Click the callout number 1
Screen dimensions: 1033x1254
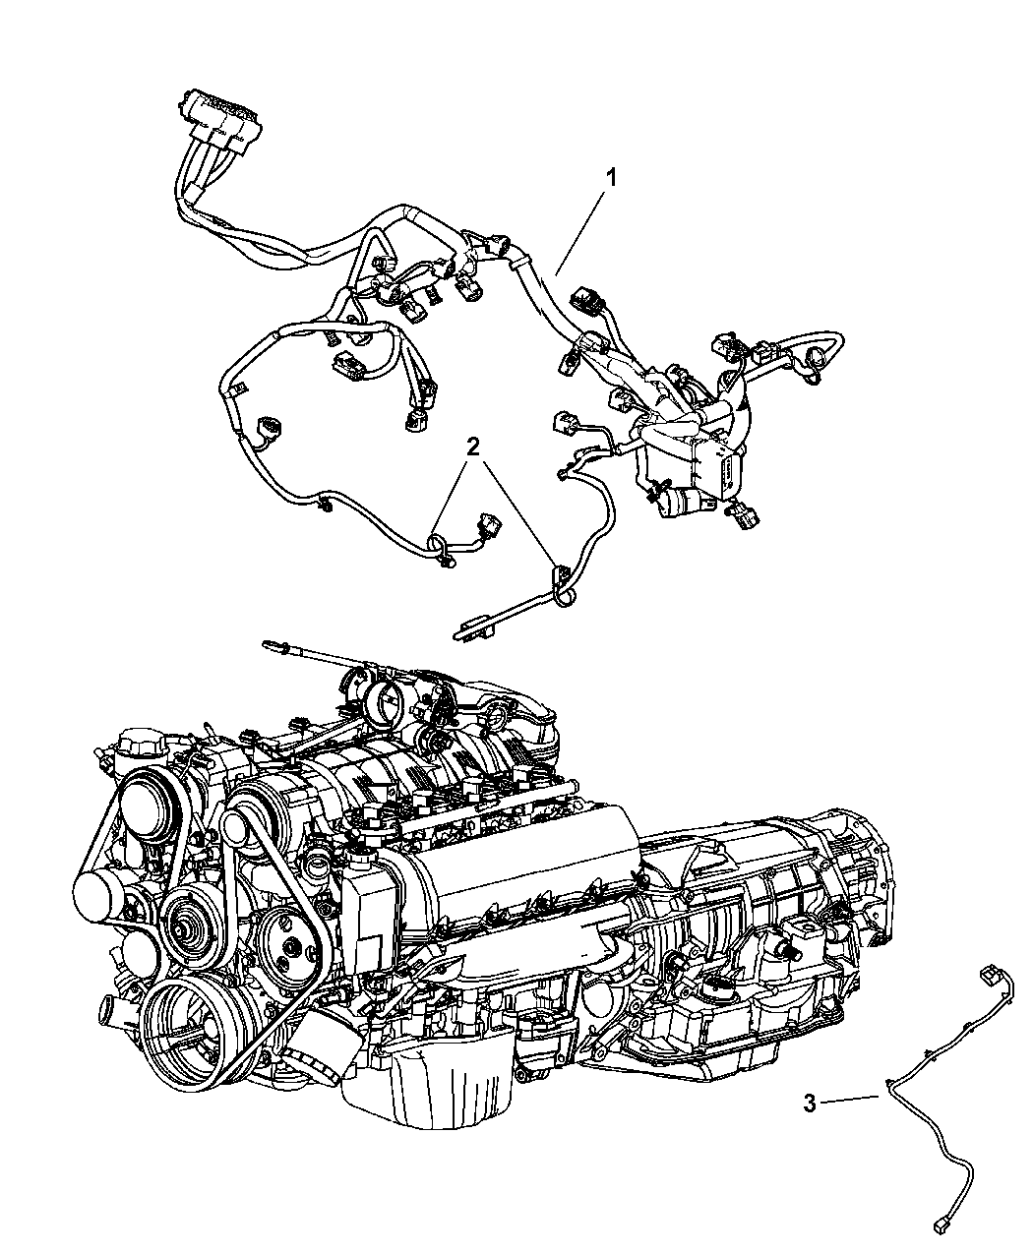[x=612, y=178]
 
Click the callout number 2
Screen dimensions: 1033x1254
[x=473, y=447]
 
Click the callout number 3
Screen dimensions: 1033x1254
[x=810, y=1104]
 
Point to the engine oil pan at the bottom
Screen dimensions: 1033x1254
[x=428, y=1084]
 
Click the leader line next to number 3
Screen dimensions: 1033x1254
[x=851, y=1100]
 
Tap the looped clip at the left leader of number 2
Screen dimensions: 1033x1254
[x=443, y=550]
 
